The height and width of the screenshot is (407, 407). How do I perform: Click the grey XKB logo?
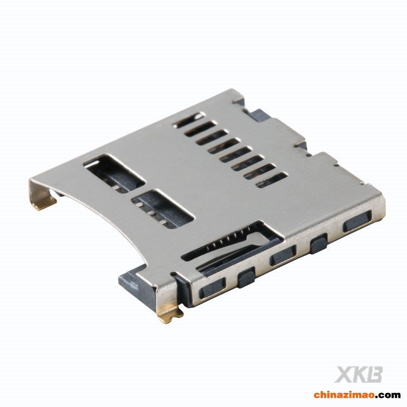coord(359,374)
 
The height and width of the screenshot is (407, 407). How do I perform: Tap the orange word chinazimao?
coord(345,395)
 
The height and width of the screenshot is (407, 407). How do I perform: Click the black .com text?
coord(388,396)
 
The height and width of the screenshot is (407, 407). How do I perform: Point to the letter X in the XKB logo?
coord(343,374)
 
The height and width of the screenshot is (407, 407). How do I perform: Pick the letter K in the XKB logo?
coord(359,374)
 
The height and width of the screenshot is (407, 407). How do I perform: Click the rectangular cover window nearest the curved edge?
coord(163,209)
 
